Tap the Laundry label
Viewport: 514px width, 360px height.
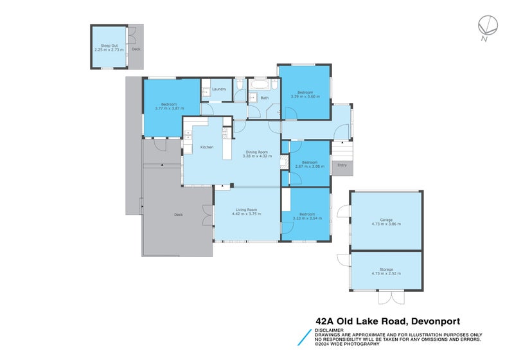[219, 89]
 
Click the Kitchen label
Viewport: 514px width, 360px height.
[206, 147]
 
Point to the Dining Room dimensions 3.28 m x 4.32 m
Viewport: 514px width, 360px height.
[256, 156]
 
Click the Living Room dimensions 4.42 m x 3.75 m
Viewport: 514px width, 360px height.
[247, 213]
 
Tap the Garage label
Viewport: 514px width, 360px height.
[385, 220]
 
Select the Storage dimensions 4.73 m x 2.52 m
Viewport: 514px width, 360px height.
[385, 273]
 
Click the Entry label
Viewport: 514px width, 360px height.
[342, 165]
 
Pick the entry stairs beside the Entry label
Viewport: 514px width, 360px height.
[341, 150]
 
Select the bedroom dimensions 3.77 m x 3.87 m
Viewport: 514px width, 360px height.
[169, 108]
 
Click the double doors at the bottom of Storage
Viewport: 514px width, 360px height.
[387, 297]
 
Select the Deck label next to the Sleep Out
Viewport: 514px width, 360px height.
[136, 49]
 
